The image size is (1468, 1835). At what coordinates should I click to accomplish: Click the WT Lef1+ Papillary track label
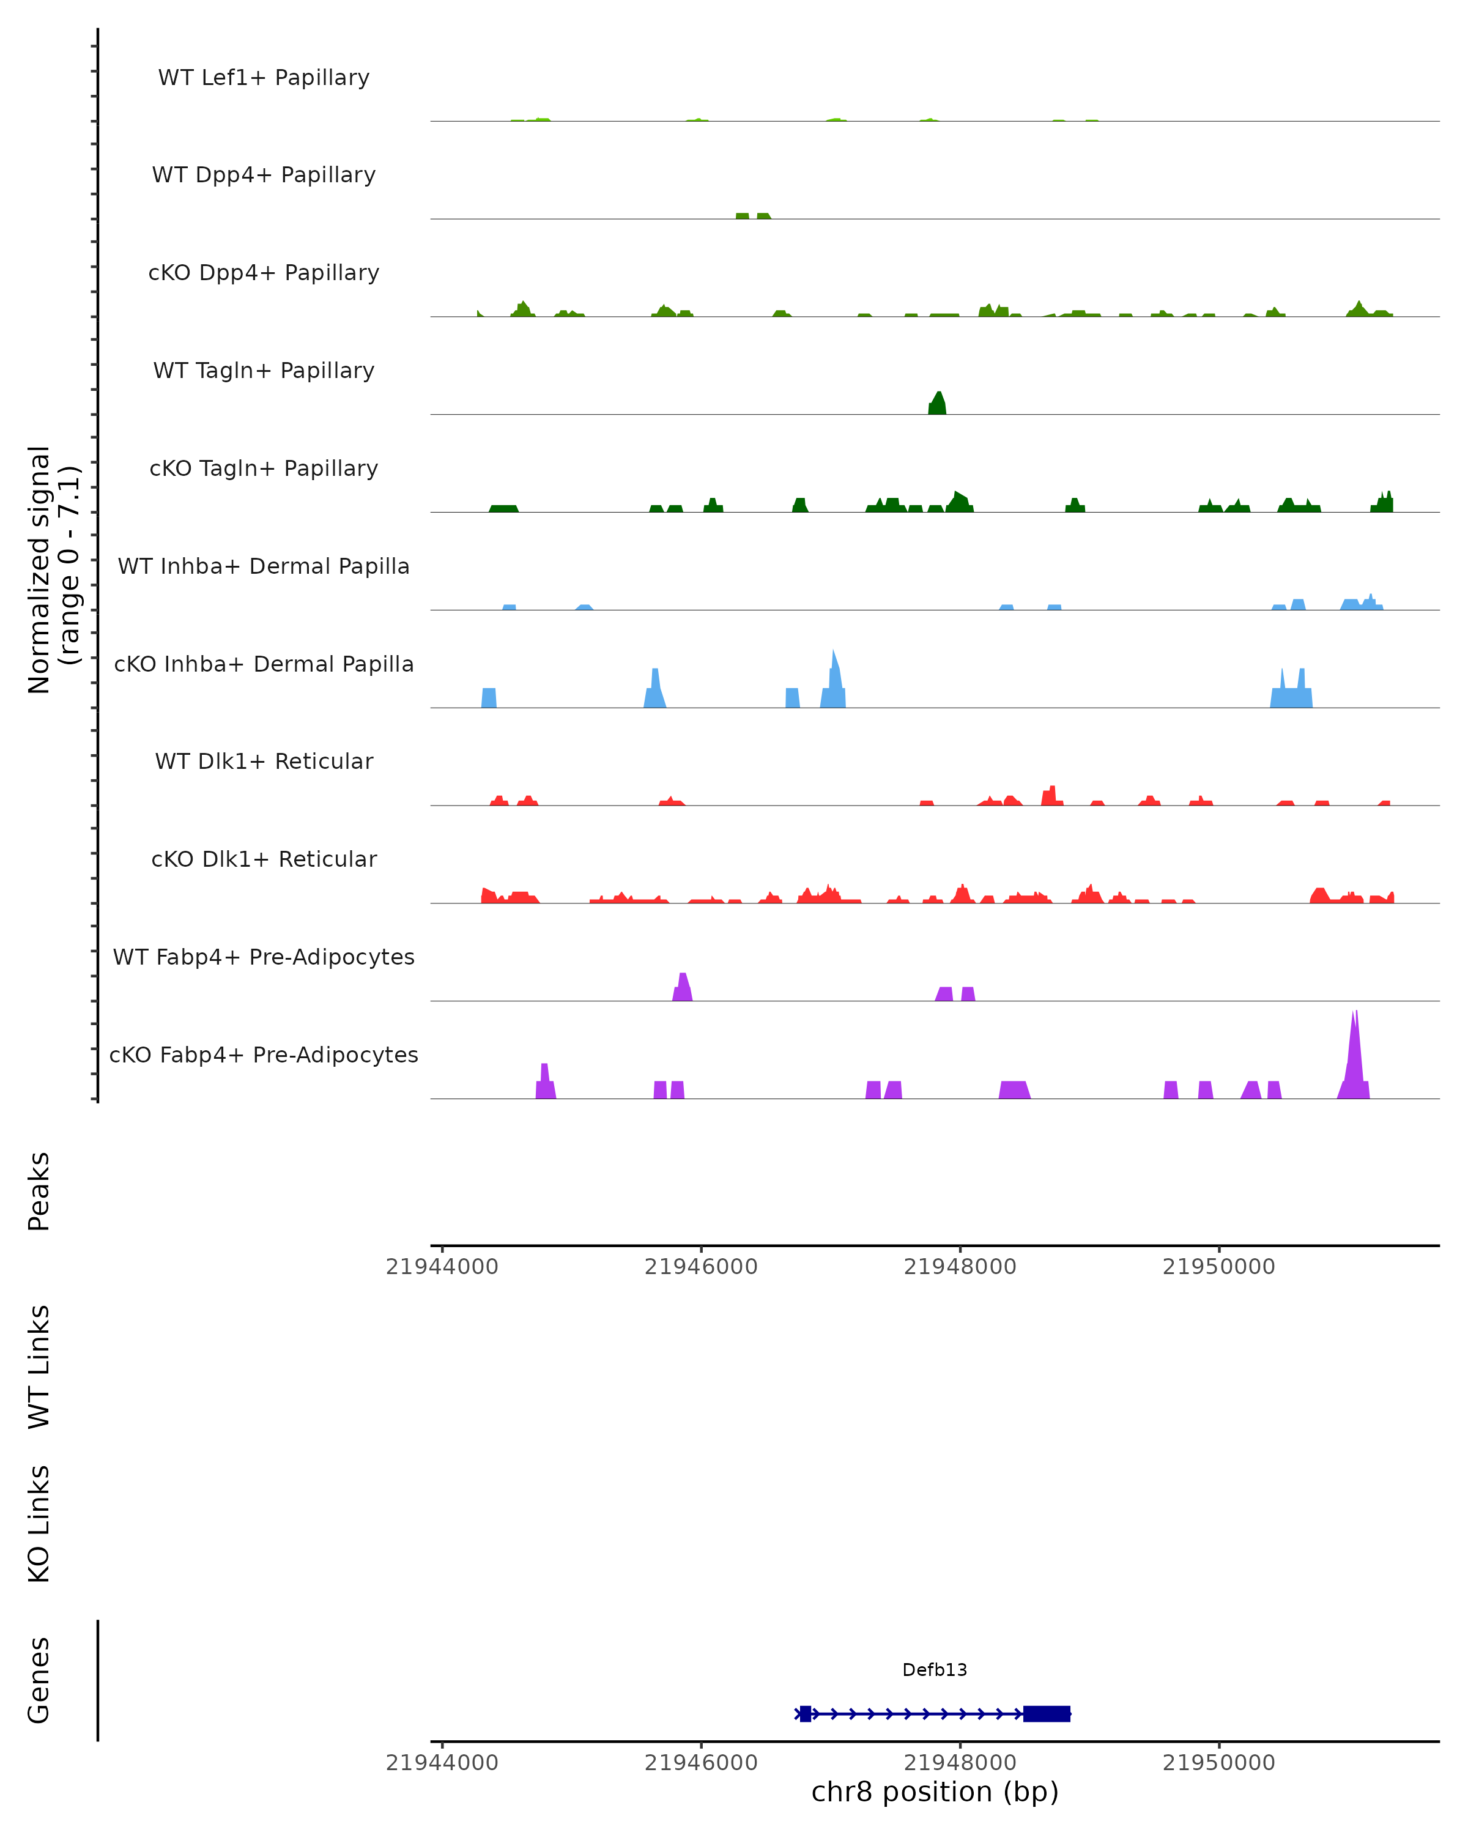coord(264,78)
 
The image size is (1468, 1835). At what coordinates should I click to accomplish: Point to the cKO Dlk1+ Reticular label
coord(264,859)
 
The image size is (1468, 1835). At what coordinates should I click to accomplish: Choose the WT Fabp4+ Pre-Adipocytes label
coord(264,957)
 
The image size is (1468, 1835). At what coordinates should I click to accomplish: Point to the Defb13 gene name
coord(935,1670)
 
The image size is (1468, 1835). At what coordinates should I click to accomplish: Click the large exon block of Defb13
coord(1046,1713)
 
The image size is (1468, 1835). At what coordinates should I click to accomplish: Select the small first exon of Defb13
coord(805,1713)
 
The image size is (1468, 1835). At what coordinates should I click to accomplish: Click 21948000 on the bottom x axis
coord(960,1763)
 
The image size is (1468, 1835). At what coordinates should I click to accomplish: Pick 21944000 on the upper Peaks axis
coord(442,1267)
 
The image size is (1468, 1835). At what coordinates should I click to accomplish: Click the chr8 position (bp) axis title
coord(935,1792)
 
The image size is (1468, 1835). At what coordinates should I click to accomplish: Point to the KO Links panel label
coord(39,1524)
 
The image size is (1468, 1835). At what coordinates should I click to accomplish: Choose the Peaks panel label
coord(39,1191)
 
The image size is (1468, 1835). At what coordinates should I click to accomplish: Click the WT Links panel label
coord(39,1366)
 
